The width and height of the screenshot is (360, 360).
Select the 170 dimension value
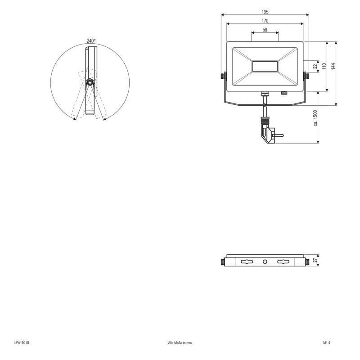(x=265, y=21)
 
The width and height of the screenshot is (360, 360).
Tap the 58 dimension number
(x=265, y=30)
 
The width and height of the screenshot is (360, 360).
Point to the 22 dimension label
(x=316, y=66)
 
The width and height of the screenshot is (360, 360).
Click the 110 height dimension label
(x=324, y=66)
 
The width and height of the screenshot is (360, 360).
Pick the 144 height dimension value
(x=333, y=66)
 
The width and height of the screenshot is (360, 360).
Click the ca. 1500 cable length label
(x=316, y=118)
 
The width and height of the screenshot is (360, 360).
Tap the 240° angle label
(x=91, y=41)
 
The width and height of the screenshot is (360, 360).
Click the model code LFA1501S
(x=21, y=343)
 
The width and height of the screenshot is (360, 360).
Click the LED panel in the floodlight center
(x=265, y=67)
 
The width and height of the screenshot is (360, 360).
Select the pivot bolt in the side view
(x=90, y=83)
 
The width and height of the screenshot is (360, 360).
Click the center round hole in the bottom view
(x=265, y=261)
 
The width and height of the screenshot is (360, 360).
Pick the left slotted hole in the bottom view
(x=247, y=261)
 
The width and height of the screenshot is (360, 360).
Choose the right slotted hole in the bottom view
(x=283, y=261)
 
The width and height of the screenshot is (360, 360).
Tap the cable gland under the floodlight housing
(x=265, y=94)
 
